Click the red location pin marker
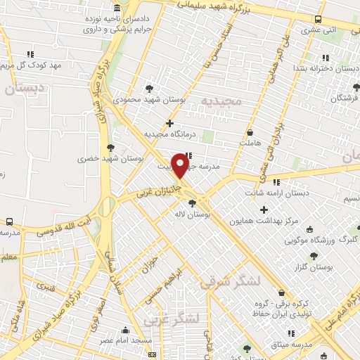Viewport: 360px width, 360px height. pyautogui.click(x=180, y=167)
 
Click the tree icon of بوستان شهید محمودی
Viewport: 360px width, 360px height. pyautogui.click(x=148, y=89)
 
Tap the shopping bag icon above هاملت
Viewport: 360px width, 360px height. pyautogui.click(x=250, y=132)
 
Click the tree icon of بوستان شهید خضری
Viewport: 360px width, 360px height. pyautogui.click(x=110, y=147)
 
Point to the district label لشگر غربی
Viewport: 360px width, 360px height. pyautogui.click(x=172, y=321)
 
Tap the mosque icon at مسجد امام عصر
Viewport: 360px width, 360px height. pyautogui.click(x=125, y=330)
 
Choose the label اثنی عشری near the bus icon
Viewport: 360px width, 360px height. pyautogui.click(x=300, y=30)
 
